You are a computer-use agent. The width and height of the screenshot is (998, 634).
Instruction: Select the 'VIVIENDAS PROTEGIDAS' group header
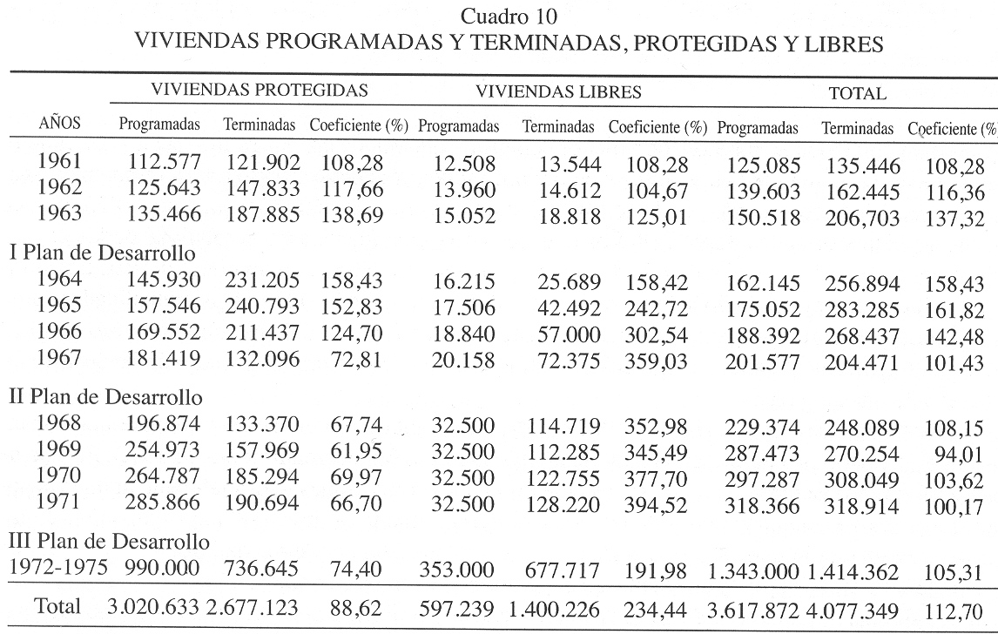259,91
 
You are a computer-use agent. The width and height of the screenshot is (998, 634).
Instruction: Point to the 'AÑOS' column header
59,125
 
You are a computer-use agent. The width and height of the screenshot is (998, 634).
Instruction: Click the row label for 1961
59,163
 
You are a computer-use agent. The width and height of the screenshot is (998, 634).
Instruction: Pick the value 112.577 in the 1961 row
159,163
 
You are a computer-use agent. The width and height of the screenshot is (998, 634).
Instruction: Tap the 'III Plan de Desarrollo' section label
110,541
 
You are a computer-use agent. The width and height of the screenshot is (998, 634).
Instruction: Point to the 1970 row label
59,476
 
